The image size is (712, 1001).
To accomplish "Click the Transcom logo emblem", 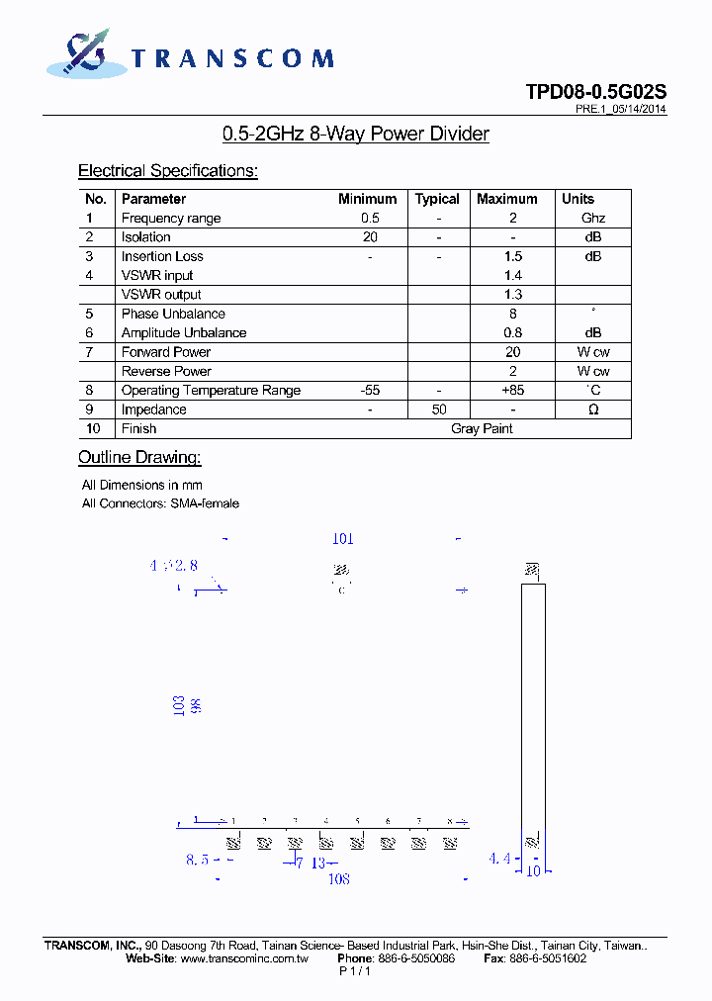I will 83,53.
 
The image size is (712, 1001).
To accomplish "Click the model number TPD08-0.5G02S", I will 595,92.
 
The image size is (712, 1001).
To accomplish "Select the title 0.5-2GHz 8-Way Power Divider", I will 356,134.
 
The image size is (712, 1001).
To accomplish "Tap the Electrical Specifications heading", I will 167,171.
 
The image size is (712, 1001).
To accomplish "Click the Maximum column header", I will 506,199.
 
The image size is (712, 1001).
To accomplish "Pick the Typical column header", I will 437,199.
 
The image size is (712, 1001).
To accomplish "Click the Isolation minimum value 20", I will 370,237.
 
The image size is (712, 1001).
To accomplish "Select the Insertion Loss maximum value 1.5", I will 512,256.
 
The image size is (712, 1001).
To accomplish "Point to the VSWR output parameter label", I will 161,295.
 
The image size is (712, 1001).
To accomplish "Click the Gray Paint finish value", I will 482,428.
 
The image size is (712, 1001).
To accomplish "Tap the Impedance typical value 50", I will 439,409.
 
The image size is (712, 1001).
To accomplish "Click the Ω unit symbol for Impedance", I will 593,409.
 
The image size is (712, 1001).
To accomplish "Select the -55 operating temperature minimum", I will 370,391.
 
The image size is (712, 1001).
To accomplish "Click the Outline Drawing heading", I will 139,457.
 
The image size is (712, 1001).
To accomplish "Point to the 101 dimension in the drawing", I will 342,539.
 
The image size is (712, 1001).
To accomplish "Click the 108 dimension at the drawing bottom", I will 338,878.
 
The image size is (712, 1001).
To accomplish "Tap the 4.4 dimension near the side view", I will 499,859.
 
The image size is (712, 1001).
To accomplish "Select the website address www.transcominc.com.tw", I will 244,958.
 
